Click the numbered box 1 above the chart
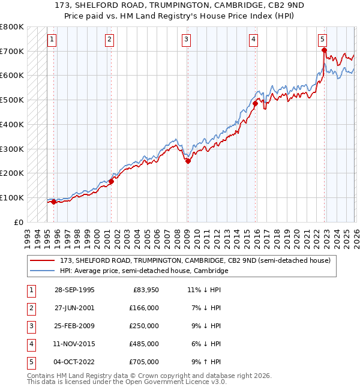[52, 40]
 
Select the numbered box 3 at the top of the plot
[186, 40]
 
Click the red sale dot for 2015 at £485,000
[255, 103]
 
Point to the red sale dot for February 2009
[188, 161]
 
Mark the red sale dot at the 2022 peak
[324, 50]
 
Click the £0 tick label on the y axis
[18, 222]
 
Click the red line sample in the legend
[43, 260]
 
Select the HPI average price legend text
[144, 271]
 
